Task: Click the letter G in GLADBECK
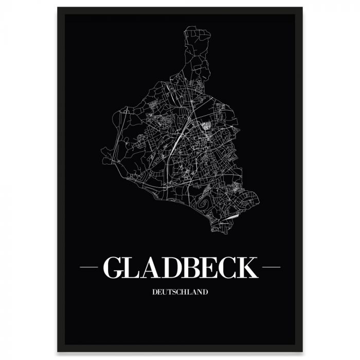coord(114,267)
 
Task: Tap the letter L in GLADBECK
coord(133,267)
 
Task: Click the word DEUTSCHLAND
coord(180,292)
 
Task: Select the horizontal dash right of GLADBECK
coord(271,267)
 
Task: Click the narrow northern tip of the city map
coord(198,36)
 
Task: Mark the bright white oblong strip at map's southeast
coord(232,217)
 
